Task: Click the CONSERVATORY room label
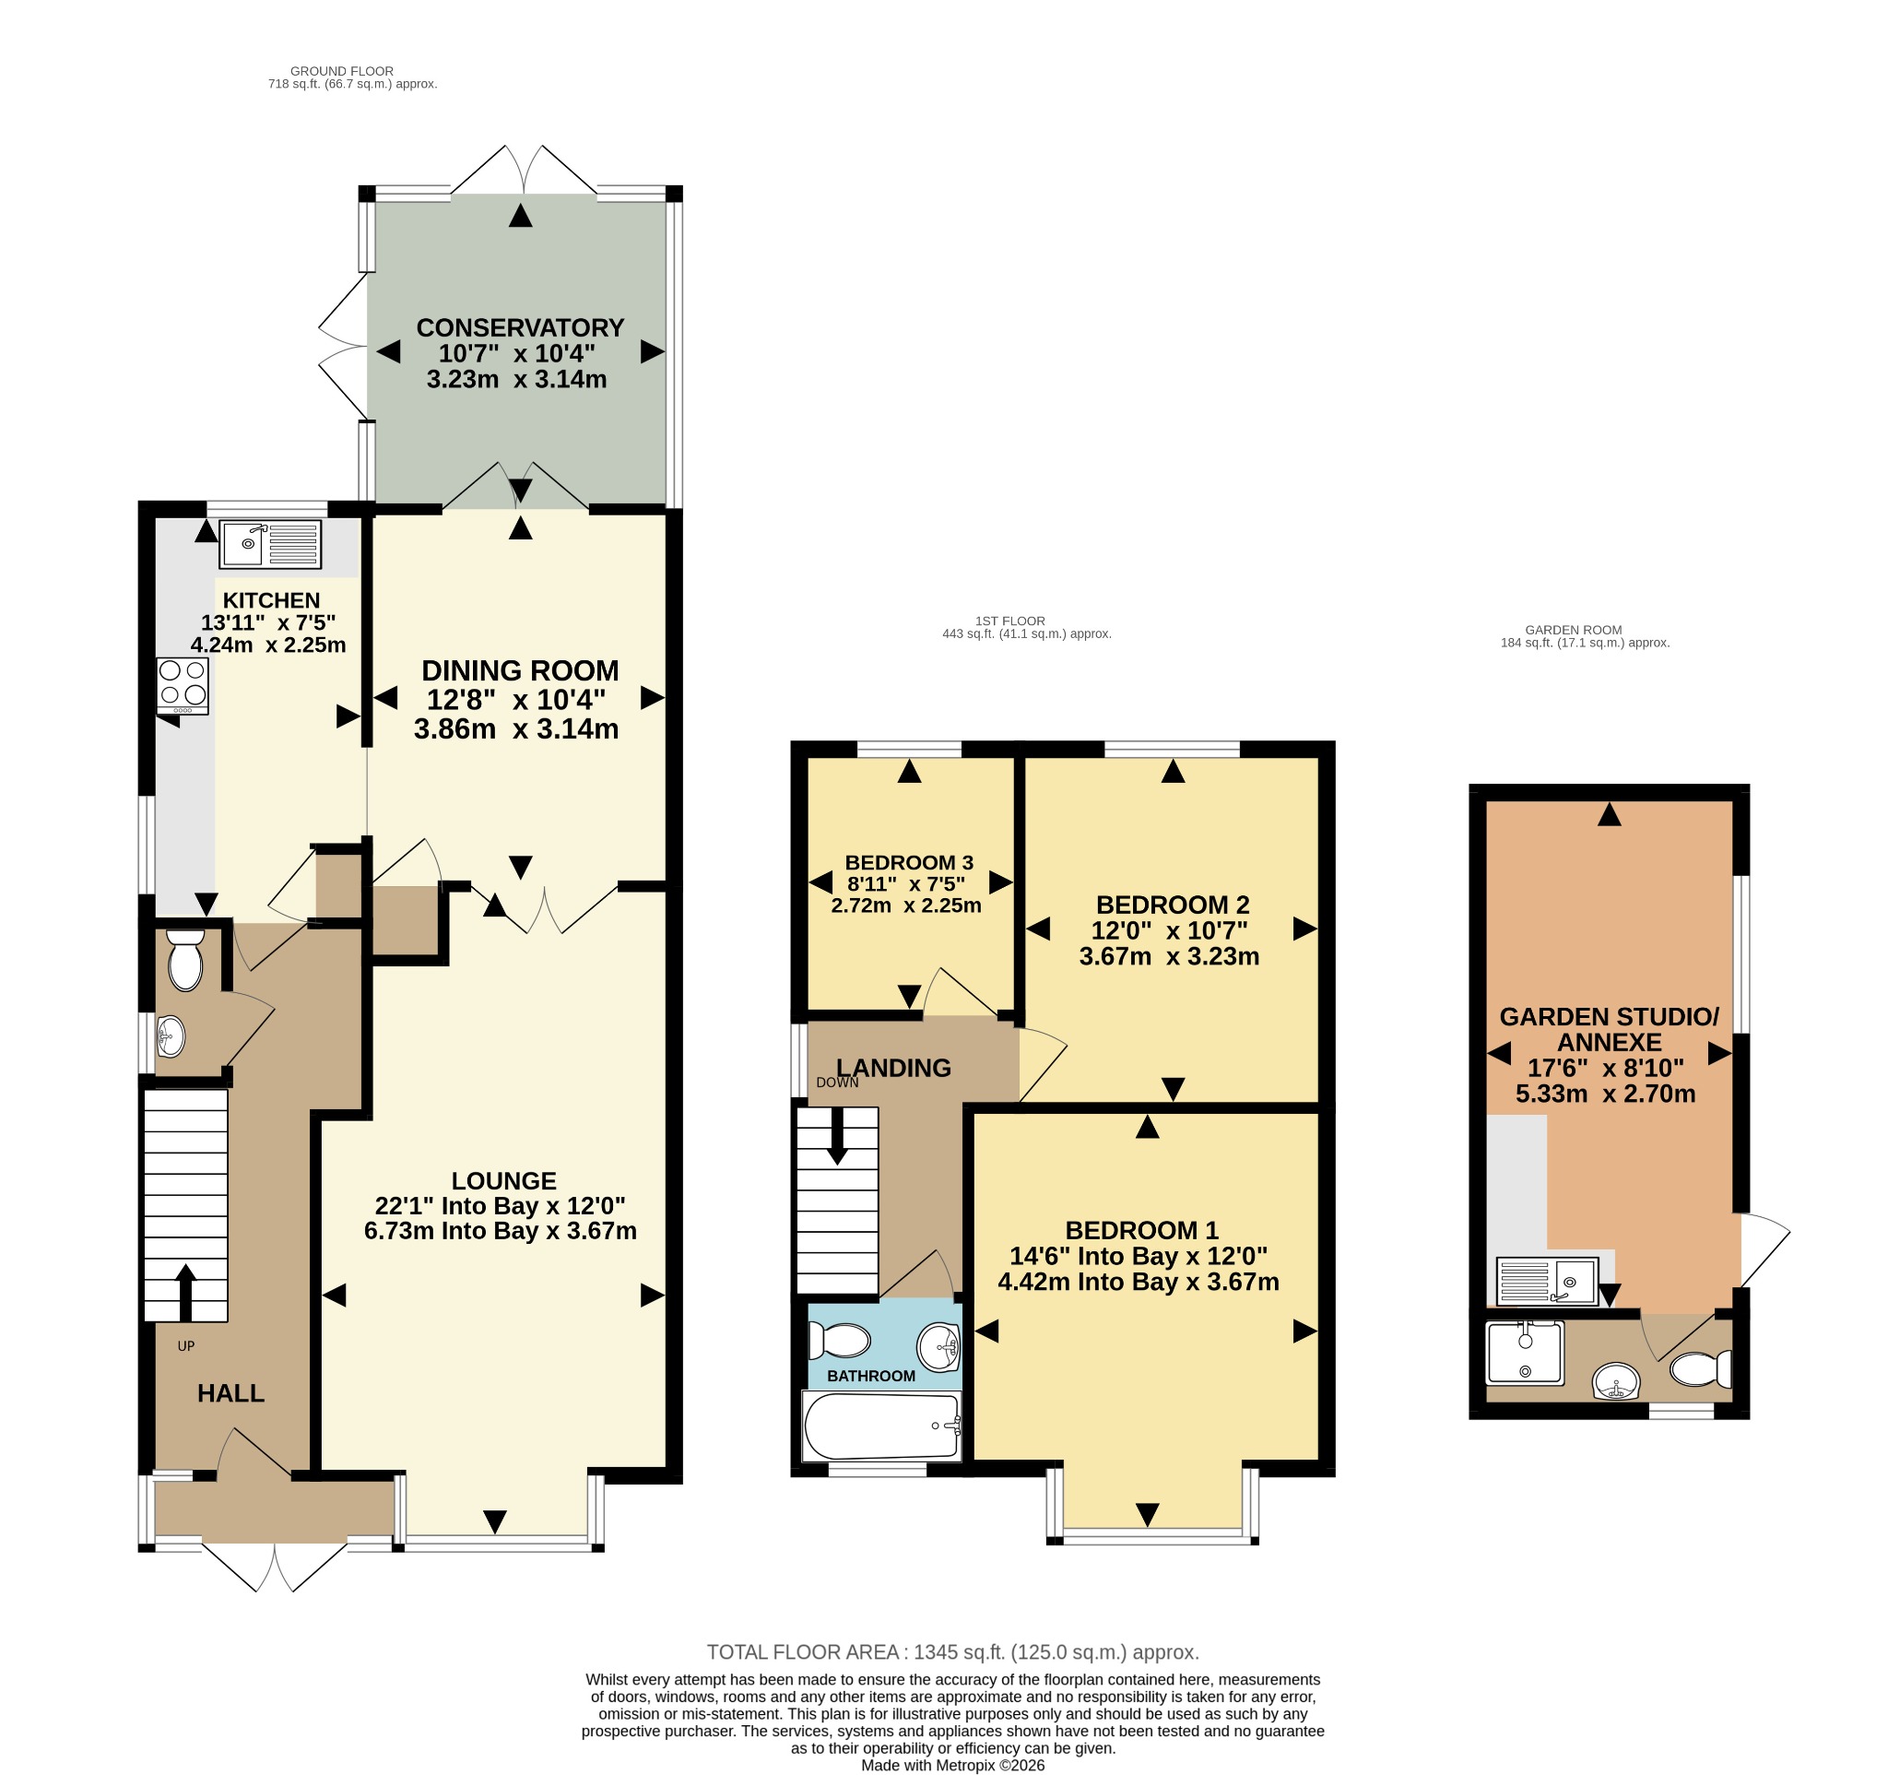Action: point(521,327)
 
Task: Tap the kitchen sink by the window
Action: point(271,544)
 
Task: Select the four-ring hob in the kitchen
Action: point(183,686)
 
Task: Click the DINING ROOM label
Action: point(521,670)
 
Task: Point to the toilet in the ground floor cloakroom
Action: point(185,960)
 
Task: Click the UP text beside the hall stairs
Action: point(186,1345)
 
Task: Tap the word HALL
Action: point(230,1393)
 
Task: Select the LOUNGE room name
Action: point(504,1180)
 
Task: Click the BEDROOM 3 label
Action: point(909,862)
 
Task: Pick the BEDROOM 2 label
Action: point(1173,905)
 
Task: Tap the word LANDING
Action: point(893,1068)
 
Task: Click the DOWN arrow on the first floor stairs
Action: point(838,1136)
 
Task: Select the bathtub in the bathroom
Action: point(882,1426)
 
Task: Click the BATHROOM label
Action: point(871,1375)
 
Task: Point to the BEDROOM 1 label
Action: point(1141,1230)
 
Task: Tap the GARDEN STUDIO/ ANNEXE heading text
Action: point(1609,1028)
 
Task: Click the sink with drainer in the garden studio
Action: point(1547,1280)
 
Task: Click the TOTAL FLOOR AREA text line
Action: point(952,1651)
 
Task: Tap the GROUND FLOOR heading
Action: point(342,71)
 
